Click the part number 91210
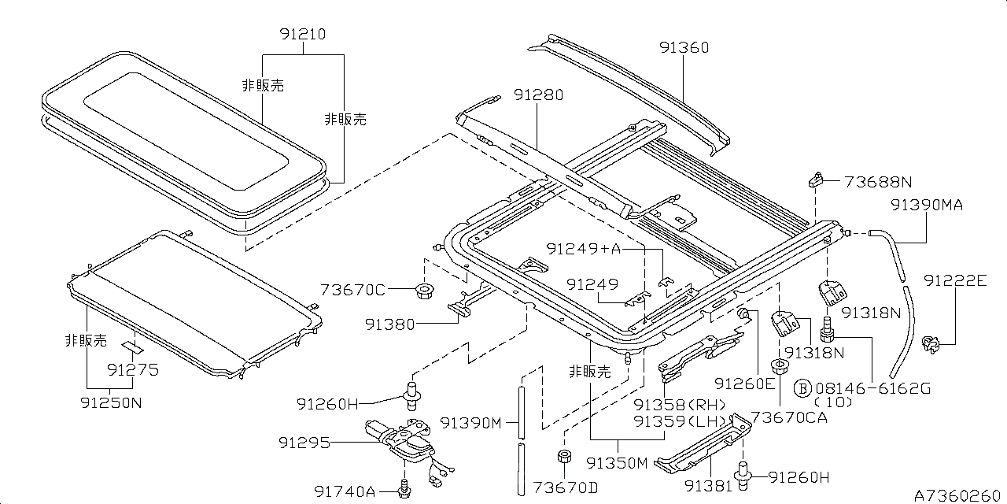click(x=302, y=35)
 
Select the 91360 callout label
click(x=684, y=47)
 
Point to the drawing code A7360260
click(x=958, y=495)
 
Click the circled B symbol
click(x=802, y=388)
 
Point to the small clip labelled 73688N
click(x=814, y=180)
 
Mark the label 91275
click(x=133, y=369)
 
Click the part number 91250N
click(x=111, y=402)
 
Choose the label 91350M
click(x=617, y=463)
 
